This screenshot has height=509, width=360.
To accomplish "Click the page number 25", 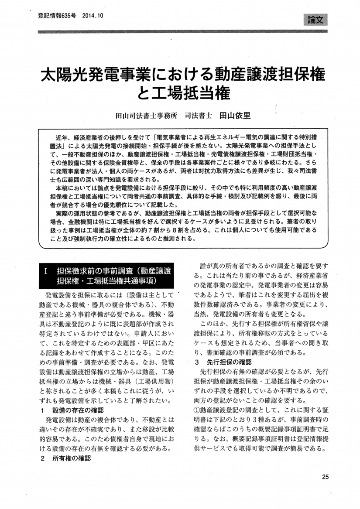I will [x=325, y=477].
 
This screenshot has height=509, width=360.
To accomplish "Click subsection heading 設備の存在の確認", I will [x=78, y=410].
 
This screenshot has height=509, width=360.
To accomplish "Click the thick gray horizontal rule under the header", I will [x=182, y=31].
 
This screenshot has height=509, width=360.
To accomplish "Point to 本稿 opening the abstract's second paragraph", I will [x=63, y=187].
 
